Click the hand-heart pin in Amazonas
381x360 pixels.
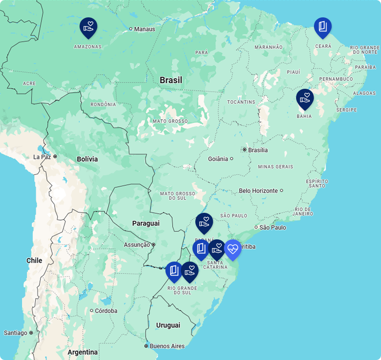[88, 28]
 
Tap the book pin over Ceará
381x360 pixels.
[323, 28]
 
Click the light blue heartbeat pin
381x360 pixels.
[233, 249]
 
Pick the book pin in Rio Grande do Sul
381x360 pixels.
[174, 272]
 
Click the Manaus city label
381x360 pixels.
[145, 29]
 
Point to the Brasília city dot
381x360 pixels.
[245, 150]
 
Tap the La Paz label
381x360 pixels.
[42, 157]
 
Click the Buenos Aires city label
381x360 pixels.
[167, 346]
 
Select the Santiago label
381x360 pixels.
[15, 332]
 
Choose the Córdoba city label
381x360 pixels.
[106, 311]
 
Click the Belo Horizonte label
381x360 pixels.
[259, 191]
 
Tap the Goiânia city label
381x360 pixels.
[218, 159]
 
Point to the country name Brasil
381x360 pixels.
[171, 80]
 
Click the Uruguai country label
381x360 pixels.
[168, 325]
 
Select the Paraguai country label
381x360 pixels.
[146, 223]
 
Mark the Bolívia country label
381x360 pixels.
[87, 159]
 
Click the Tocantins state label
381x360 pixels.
[241, 102]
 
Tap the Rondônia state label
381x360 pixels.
[103, 104]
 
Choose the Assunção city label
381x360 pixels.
[137, 245]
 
